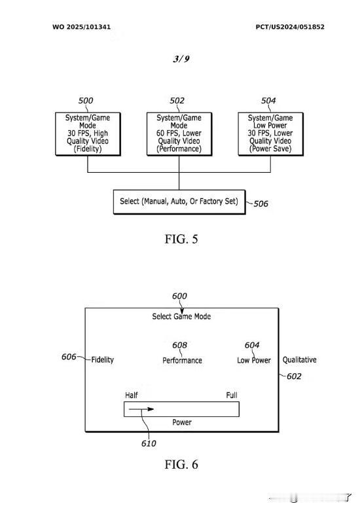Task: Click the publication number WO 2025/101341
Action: click(81, 27)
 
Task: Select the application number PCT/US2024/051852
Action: click(290, 27)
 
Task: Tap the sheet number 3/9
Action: click(181, 58)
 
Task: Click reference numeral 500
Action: click(86, 101)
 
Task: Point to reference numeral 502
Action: click(177, 101)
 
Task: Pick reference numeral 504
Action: click(268, 101)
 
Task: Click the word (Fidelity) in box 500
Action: click(88, 149)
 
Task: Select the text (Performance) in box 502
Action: click(179, 149)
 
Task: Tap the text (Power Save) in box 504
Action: click(270, 149)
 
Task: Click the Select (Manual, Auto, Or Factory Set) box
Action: click(179, 202)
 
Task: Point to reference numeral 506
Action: click(261, 204)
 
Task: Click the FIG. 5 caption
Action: click(181, 239)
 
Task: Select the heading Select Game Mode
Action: click(181, 316)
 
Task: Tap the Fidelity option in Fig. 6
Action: click(103, 359)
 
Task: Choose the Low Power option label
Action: click(254, 360)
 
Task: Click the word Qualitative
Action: click(300, 359)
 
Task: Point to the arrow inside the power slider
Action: click(141, 409)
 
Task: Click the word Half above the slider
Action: click(132, 395)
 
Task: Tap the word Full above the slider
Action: click(232, 395)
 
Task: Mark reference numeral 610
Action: click(149, 443)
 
